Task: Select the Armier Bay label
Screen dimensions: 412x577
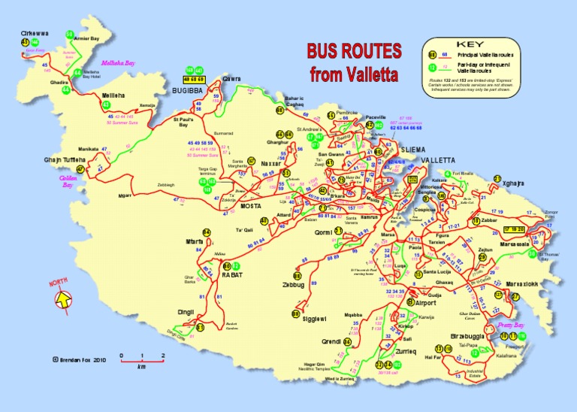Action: pyautogui.click(x=88, y=37)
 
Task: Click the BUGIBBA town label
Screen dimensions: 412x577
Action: pyautogui.click(x=189, y=89)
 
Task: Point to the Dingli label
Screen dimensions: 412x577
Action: pyautogui.click(x=186, y=311)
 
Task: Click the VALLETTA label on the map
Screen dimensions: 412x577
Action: pyautogui.click(x=438, y=161)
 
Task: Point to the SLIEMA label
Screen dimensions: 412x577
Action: pyautogui.click(x=413, y=150)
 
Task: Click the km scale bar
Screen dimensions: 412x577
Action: pyautogui.click(x=141, y=359)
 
